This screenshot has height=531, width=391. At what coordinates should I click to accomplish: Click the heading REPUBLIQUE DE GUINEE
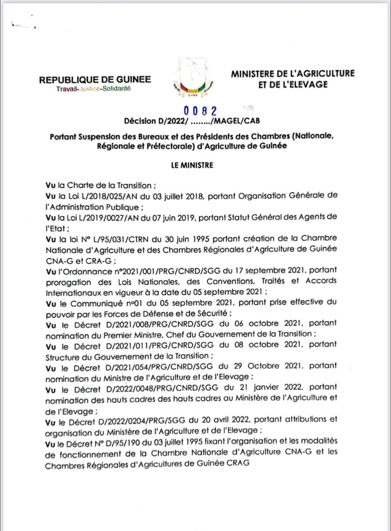pyautogui.click(x=95, y=80)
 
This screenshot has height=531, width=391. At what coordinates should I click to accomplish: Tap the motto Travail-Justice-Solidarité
pyautogui.click(x=93, y=89)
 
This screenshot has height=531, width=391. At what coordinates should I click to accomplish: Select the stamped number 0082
pyautogui.click(x=200, y=111)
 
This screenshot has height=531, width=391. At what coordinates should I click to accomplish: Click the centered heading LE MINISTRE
pyautogui.click(x=192, y=165)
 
